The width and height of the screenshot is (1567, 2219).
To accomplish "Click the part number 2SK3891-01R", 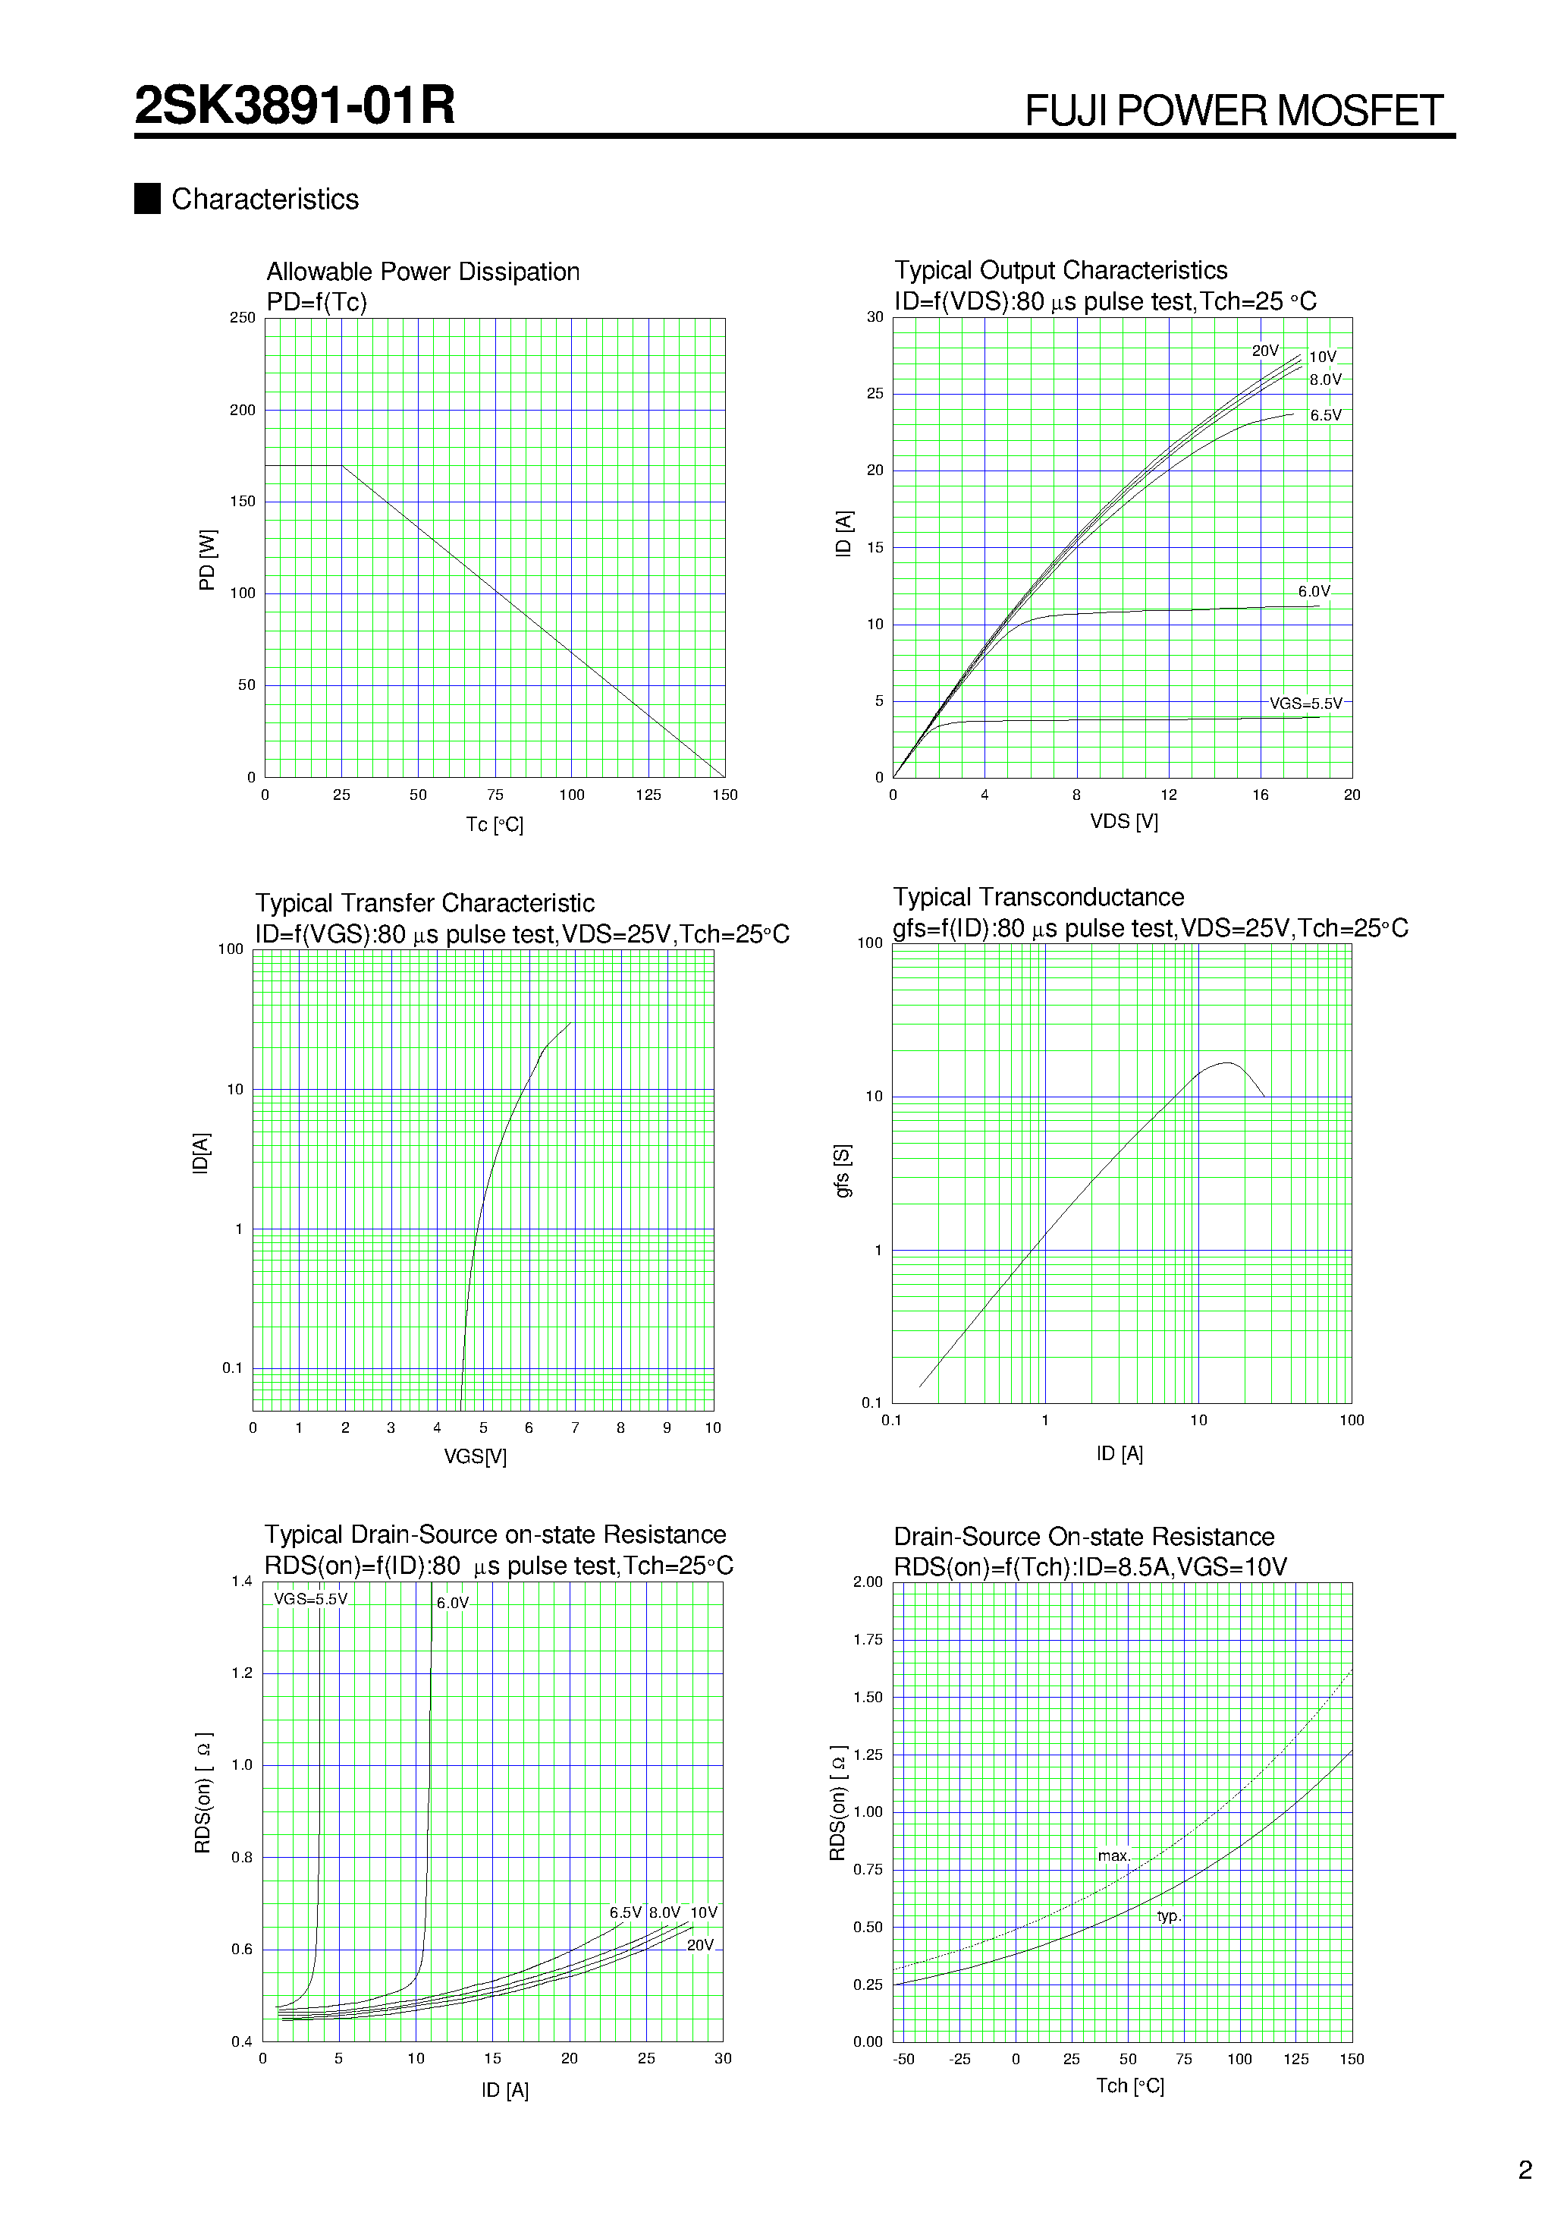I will tap(294, 105).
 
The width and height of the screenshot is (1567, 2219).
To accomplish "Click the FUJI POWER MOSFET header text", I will tap(1234, 111).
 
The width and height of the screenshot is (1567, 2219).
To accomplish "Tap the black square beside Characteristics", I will tap(147, 198).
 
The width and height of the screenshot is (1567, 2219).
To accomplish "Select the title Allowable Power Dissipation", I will tap(422, 272).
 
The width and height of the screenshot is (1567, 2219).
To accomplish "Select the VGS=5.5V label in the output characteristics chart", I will tap(1305, 703).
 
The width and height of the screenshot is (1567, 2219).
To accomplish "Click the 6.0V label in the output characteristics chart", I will tap(1313, 591).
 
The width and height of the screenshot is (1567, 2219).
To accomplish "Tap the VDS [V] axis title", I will tap(1123, 821).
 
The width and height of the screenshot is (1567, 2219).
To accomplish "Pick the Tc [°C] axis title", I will tap(494, 824).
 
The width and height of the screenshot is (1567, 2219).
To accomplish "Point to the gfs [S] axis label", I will tap(843, 1172).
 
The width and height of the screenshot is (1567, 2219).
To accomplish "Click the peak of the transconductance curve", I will tap(1227, 1063).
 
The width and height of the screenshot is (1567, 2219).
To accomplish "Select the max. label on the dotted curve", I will tap(1113, 1855).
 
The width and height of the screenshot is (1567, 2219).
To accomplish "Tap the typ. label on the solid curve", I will tap(1168, 1915).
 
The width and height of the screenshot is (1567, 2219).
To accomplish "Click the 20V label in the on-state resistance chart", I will tap(699, 1944).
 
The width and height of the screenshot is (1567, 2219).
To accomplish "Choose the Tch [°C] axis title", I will tap(1129, 2085).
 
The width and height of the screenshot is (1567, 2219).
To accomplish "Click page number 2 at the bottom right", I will tap(1525, 2170).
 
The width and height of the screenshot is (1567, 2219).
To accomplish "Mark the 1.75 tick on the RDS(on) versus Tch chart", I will tap(868, 1639).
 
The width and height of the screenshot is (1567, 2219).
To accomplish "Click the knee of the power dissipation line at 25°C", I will tap(342, 466).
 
